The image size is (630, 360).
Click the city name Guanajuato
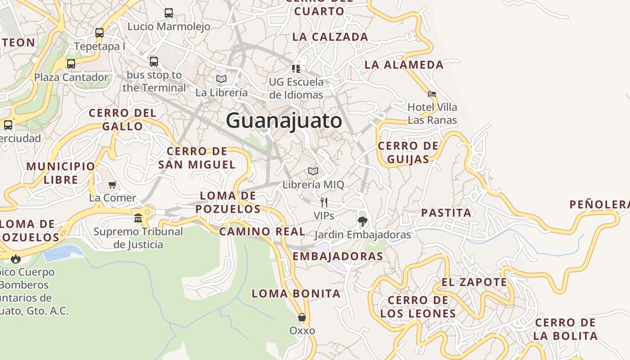tap(284, 121)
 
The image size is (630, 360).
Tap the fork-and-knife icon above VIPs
tap(324, 202)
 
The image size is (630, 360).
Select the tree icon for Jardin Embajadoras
tap(362, 221)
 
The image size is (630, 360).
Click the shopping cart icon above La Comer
tap(112, 184)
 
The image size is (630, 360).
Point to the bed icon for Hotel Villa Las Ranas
tap(432, 94)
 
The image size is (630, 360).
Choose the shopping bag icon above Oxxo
tap(302, 317)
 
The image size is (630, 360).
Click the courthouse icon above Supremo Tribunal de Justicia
tap(138, 218)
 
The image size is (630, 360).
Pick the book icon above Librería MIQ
tap(313, 171)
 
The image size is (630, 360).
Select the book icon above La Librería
tap(221, 79)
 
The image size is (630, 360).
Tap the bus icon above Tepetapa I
tap(99, 32)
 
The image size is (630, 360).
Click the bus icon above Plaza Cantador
tap(71, 63)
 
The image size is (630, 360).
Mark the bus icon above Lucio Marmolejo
tap(169, 13)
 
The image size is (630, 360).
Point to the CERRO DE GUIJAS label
tap(408, 153)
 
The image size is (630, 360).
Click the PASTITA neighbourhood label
tap(446, 213)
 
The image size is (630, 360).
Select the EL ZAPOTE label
tap(474, 282)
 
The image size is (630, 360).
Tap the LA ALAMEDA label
tap(404, 64)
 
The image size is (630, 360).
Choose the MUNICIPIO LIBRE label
tap(61, 173)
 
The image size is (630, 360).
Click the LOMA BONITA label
tap(296, 294)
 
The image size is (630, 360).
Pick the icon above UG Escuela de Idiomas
tap(296, 68)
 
